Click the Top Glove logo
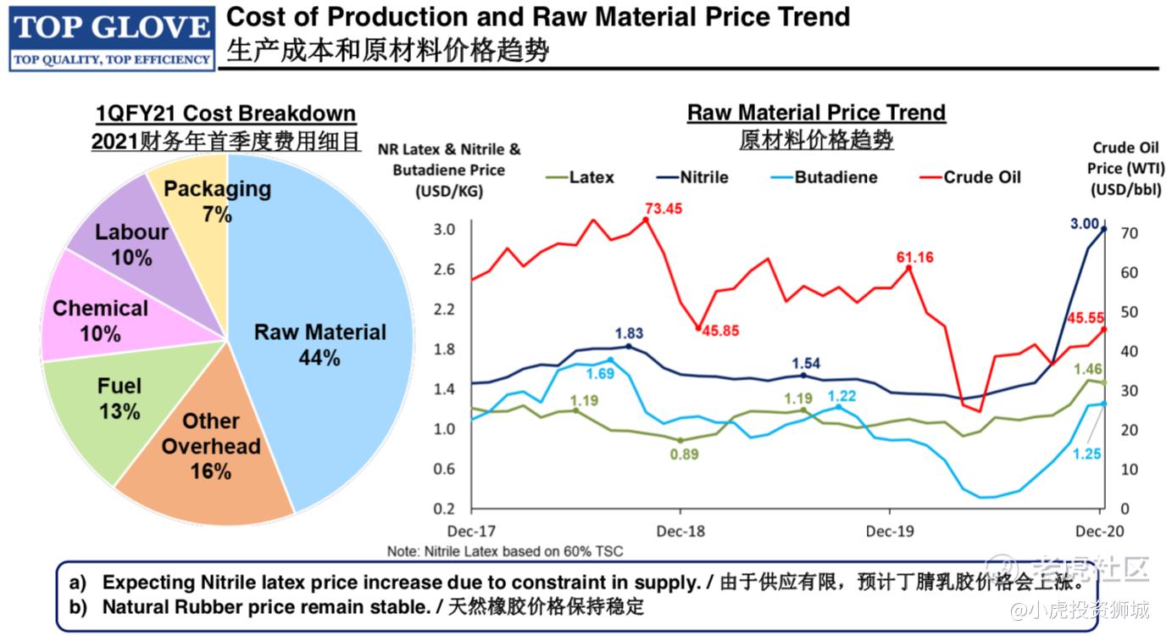pyautogui.click(x=111, y=37)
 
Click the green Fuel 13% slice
pyautogui.click(x=119, y=399)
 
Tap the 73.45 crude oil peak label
pyautogui.click(x=663, y=209)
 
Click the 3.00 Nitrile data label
pyautogui.click(x=1085, y=224)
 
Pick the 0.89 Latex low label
pyautogui.click(x=683, y=455)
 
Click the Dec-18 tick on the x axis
pyautogui.click(x=680, y=531)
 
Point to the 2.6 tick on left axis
pyautogui.click(x=445, y=270)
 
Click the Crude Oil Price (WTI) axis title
pyautogui.click(x=1125, y=169)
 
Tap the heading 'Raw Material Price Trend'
pyautogui.click(x=815, y=113)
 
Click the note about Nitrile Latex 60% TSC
pyautogui.click(x=504, y=551)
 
